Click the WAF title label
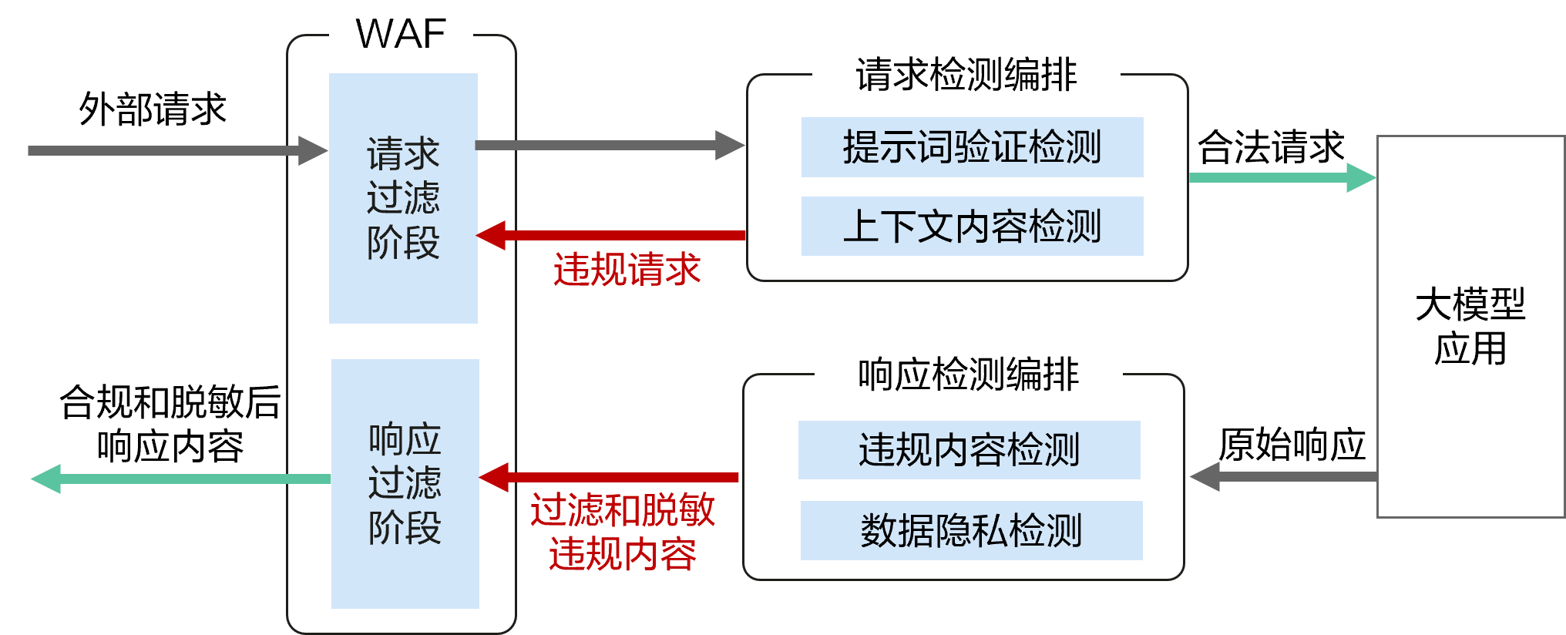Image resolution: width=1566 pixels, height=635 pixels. coord(401,34)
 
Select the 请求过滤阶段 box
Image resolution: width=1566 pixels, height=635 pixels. coord(403,198)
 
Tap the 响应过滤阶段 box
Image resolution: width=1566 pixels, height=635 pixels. coord(405,483)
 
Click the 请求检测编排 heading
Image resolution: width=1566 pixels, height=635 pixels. coord(966,75)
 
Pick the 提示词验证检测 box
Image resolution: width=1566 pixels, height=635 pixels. coord(972,147)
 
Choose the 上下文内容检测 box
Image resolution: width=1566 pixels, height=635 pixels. coord(972,226)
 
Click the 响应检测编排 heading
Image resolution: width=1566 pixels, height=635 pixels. coord(968,375)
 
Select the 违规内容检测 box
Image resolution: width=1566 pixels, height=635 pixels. coord(969,450)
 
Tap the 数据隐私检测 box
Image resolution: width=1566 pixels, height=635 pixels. coord(971,530)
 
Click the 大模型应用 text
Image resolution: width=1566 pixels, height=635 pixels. coord(1470,327)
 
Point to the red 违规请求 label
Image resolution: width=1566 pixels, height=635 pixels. coord(627,270)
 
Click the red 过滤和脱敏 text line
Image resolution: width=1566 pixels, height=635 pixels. coord(623,510)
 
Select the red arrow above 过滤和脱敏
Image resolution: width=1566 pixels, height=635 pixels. coord(609,478)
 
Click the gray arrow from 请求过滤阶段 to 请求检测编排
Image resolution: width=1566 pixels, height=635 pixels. coord(609,145)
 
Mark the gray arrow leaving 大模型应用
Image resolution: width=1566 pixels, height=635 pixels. coord(1283,476)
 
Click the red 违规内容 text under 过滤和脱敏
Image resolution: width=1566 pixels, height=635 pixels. coord(623,555)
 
